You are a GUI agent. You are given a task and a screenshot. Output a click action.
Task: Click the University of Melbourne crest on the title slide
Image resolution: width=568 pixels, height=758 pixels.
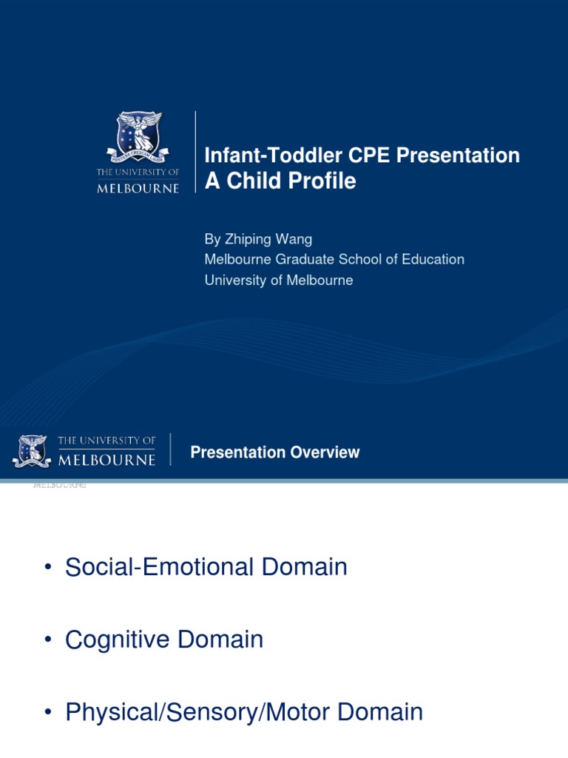138,138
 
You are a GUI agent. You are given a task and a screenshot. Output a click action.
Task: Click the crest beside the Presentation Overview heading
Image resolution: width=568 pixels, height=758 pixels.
32,451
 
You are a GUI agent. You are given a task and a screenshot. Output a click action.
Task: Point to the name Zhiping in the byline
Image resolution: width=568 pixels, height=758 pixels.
248,239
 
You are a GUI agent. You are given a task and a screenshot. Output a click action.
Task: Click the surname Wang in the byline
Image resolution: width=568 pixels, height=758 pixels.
294,239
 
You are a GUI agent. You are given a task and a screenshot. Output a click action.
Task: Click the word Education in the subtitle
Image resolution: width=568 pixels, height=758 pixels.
431,260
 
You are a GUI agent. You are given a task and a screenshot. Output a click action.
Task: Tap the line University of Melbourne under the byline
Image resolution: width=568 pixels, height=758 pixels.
278,281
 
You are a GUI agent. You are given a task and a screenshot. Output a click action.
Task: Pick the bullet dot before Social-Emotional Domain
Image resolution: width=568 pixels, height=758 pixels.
48,568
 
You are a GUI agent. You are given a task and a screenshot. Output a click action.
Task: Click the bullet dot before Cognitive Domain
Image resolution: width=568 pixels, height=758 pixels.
48,640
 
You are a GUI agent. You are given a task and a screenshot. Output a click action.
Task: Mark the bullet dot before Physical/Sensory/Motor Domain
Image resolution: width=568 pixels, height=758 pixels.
48,713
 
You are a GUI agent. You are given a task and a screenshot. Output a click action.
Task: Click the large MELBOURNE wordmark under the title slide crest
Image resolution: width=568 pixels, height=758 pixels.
138,188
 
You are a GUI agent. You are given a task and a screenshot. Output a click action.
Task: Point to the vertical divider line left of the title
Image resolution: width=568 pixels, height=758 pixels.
195,152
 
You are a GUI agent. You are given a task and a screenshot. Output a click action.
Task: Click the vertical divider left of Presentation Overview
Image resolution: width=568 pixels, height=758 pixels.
171,449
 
